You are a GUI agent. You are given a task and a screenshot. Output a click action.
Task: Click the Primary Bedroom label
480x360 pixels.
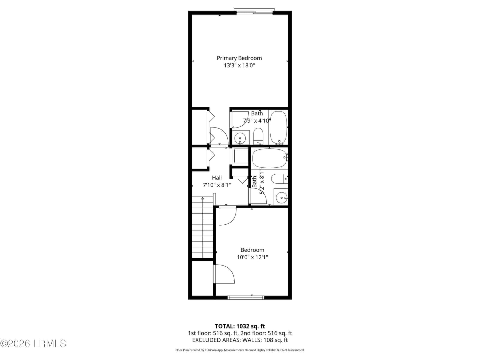[x=239, y=58]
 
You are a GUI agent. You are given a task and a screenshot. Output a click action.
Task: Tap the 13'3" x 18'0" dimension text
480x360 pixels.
[x=239, y=65]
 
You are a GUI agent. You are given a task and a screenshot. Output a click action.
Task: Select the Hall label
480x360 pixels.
[x=217, y=178]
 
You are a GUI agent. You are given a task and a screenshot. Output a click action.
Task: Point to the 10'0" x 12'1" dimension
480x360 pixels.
[x=252, y=257]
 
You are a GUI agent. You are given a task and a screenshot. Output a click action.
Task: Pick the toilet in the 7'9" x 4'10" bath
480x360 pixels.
[x=258, y=136]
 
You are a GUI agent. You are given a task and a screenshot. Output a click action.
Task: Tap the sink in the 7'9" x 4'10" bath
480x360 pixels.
[x=240, y=138]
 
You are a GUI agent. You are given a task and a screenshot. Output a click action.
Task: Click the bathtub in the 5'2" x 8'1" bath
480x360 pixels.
[x=269, y=158]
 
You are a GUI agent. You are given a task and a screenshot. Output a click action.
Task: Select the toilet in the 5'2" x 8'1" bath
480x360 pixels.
[x=280, y=179]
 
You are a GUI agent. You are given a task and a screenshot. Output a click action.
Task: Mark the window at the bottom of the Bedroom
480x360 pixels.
[x=246, y=298]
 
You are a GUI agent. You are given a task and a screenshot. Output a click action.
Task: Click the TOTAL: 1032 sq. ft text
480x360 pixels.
[x=240, y=326]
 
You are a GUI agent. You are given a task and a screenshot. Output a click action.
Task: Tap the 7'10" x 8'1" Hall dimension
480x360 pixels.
[x=217, y=185]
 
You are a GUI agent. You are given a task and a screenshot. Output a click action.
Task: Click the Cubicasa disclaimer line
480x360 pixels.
[x=240, y=350]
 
